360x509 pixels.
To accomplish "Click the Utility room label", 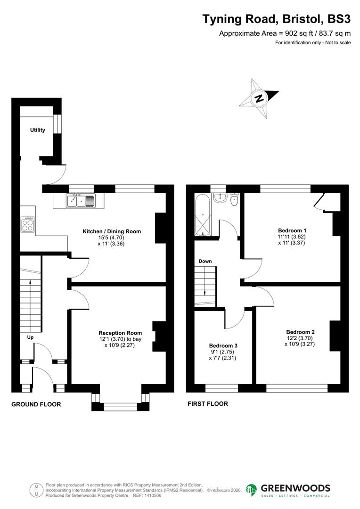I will point(38,130).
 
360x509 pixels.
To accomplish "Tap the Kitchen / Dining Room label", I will point(112,231).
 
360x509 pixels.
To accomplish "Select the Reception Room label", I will point(120,332).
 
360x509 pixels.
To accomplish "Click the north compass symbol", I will point(259,99).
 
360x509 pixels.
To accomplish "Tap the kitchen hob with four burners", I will point(28,224).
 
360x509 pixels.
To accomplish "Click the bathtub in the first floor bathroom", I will point(204,214).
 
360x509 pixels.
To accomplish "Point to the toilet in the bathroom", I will point(234,200).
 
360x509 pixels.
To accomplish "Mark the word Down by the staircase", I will point(205,261).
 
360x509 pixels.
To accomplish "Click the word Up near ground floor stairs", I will point(30,337).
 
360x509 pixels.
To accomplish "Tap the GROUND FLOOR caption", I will point(36,404).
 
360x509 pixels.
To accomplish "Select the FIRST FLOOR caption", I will point(208,404).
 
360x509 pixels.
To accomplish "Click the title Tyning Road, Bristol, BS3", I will point(277,19).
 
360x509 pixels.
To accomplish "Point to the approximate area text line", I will point(285,33).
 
